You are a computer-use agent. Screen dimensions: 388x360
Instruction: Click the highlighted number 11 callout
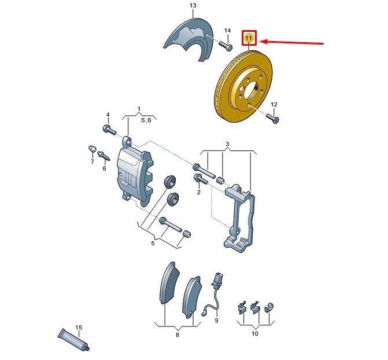coord(249,38)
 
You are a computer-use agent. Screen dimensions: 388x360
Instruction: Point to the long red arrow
coord(292,42)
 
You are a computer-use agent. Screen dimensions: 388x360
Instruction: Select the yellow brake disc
coord(243,86)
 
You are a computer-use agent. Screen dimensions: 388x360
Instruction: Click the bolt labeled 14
coord(226,46)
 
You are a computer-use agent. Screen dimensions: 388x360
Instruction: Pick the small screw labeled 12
coord(272,118)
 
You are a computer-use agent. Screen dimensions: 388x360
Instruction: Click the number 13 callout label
coord(193,5)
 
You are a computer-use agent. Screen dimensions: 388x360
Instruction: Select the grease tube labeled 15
coord(74,339)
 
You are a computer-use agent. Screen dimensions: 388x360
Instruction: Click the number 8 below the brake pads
coord(177,335)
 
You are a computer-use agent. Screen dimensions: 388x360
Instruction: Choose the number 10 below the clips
coord(254,333)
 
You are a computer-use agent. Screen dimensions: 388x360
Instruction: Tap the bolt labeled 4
coord(109,130)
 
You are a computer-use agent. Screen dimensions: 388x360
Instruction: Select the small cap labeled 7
coord(92,149)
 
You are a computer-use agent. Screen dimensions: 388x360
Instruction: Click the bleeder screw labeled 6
coord(104,156)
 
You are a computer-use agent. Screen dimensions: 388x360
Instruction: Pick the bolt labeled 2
coord(201,179)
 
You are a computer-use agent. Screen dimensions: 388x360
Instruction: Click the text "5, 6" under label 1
coord(146,120)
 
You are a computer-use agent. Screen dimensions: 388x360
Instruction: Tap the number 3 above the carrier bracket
coord(227,144)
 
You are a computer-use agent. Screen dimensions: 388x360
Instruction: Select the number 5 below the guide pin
coord(153,243)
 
